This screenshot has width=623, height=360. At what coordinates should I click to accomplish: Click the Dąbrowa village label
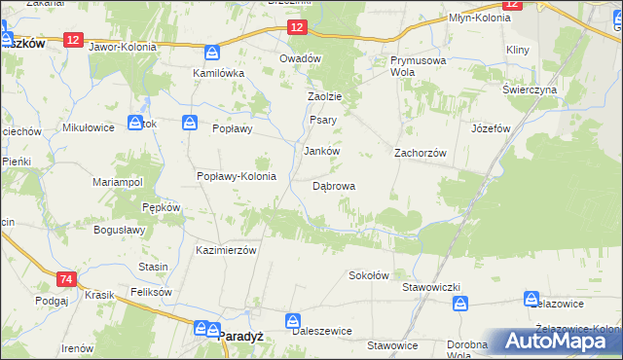pyautogui.click(x=333, y=186)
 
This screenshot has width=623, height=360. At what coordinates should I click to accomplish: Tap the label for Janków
pyautogui.click(x=321, y=152)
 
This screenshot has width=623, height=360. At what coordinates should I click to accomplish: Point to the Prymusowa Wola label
pyautogui.click(x=403, y=65)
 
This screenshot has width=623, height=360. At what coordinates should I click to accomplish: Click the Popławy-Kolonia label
pyautogui.click(x=237, y=176)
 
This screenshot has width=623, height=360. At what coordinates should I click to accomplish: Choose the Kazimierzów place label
pyautogui.click(x=225, y=250)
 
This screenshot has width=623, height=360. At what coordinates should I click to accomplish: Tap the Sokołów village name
pyautogui.click(x=369, y=275)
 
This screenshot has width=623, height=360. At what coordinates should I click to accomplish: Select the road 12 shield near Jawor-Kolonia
pyautogui.click(x=74, y=38)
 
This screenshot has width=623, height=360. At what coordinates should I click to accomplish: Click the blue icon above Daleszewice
pyautogui.click(x=293, y=319)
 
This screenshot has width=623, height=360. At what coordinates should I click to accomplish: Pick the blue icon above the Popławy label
pyautogui.click(x=191, y=124)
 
